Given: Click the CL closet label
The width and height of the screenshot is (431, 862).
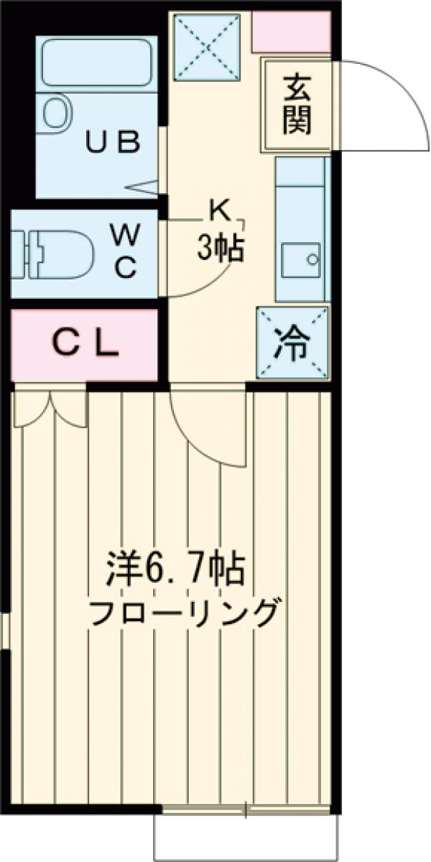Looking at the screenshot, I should pyautogui.click(x=84, y=345).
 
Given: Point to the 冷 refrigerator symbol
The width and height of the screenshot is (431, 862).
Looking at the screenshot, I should pyautogui.click(x=292, y=344).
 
